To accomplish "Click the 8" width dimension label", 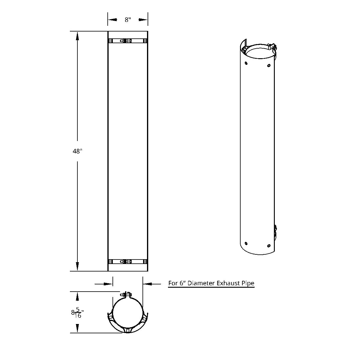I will coord(128,20).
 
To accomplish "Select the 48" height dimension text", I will coord(77,151).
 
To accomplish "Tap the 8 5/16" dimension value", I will coord(77,313).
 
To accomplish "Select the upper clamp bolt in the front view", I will coord(126,41).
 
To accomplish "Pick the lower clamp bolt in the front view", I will coord(126,262).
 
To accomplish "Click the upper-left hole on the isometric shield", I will coord(246,63).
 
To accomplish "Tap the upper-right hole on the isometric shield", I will coord(269,65).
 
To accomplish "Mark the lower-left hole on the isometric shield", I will coord(246,243).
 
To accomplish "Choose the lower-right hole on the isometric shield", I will coord(269,246).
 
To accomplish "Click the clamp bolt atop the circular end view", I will coord(127,294).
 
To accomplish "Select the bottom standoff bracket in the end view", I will coord(128,330).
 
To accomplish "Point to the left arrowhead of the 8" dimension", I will coord(112,20).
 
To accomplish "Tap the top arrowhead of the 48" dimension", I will coord(77,36).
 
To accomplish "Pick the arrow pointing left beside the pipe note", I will coord(148,283).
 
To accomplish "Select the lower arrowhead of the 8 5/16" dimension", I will coord(77,328).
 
